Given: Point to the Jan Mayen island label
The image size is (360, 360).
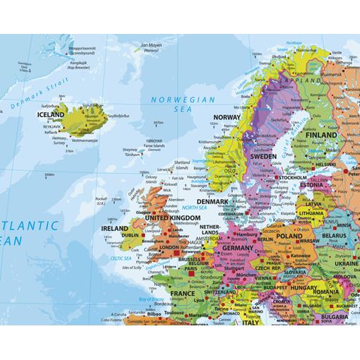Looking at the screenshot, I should [150, 45].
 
